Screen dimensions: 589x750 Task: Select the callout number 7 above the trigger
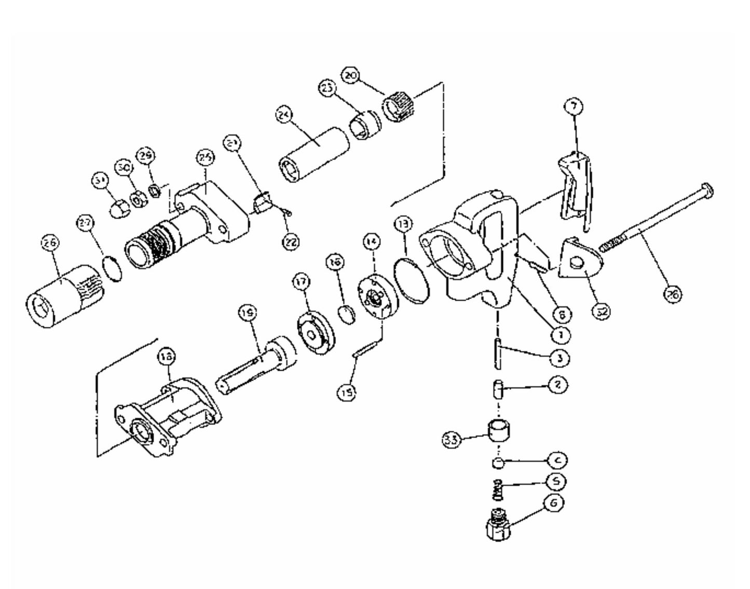pos(573,107)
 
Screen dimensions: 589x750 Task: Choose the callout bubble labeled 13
pos(403,224)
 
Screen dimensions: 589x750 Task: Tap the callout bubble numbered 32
pos(602,312)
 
